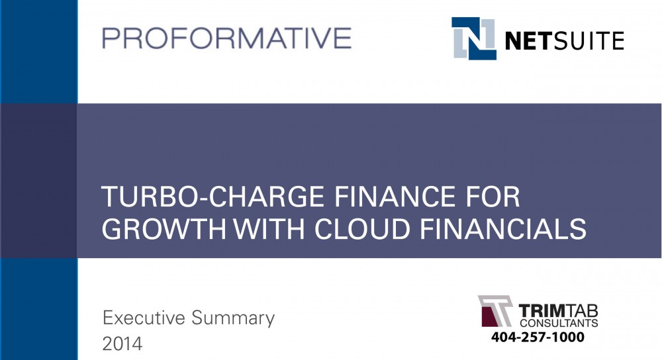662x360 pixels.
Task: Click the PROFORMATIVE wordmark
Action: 226,38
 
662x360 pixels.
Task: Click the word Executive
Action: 144,318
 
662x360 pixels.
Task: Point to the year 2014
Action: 122,344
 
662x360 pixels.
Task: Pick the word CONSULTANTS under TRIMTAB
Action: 559,323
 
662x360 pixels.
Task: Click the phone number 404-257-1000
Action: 538,337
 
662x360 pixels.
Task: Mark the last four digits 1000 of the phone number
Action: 567,337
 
